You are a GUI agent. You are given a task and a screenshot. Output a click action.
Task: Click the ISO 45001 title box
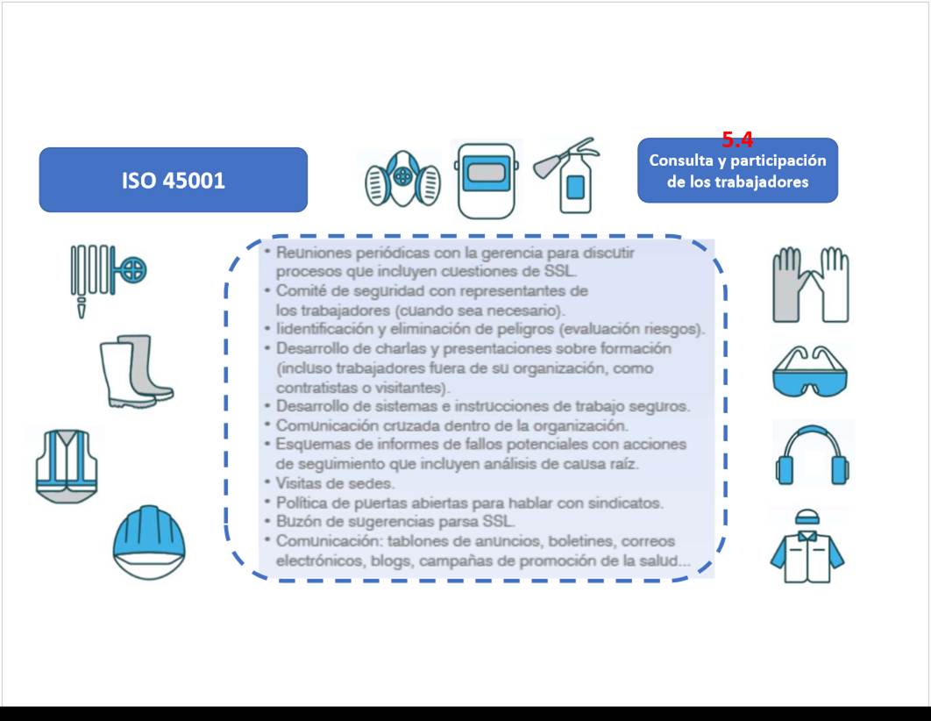(x=174, y=179)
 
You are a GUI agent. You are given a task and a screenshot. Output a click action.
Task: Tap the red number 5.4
(x=737, y=139)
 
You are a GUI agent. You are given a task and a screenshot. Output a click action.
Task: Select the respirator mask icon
(x=403, y=178)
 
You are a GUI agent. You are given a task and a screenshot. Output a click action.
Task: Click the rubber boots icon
(x=136, y=371)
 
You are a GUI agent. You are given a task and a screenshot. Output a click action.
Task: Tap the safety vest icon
(x=66, y=467)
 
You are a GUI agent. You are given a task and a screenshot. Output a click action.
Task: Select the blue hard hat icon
(x=148, y=542)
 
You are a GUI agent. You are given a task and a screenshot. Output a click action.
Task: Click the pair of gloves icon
(x=811, y=285)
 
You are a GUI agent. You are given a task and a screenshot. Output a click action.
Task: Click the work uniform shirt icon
(x=807, y=546)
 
